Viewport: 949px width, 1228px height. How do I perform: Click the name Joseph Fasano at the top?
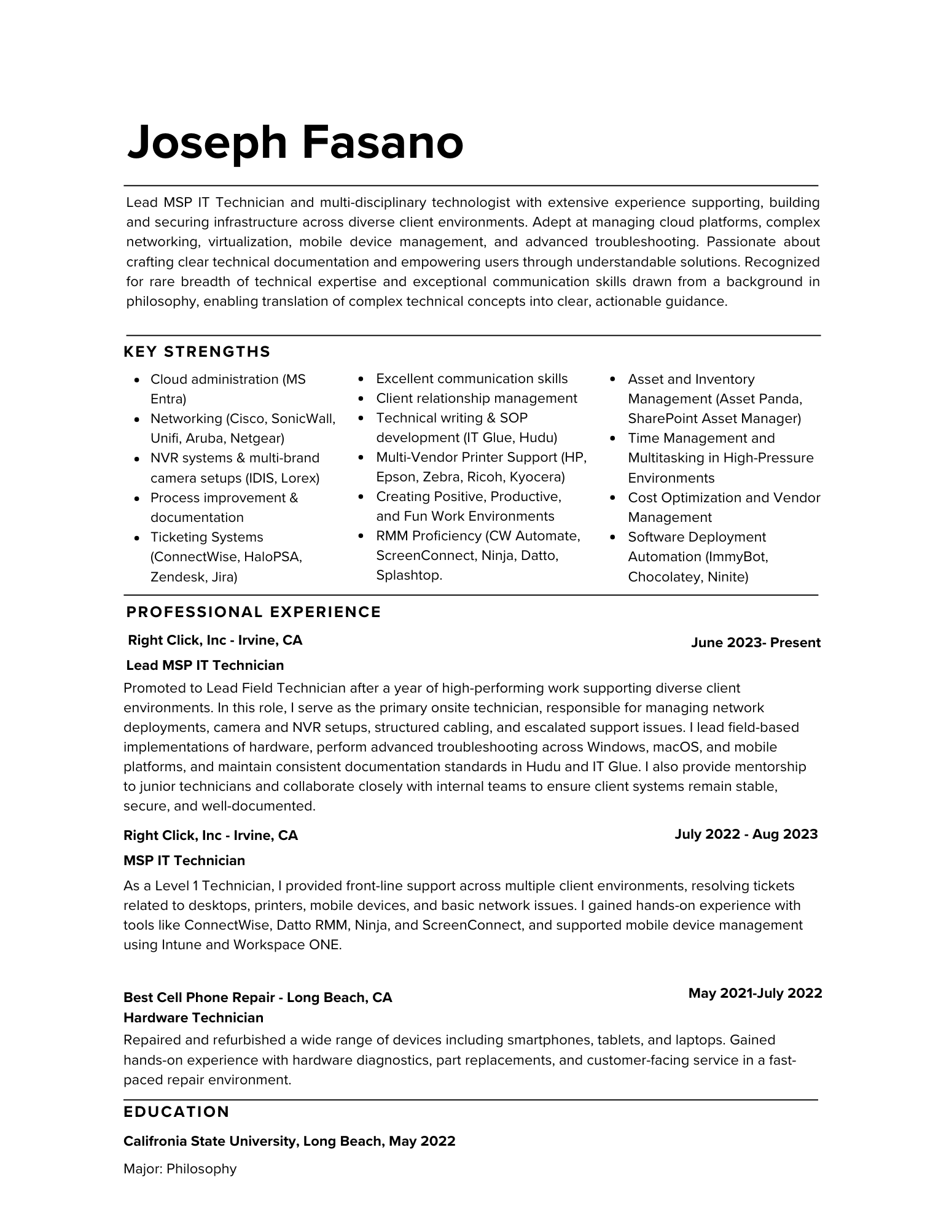(x=295, y=142)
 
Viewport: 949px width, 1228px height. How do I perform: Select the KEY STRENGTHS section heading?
(x=197, y=352)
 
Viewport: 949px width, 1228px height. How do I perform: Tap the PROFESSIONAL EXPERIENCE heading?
(x=253, y=612)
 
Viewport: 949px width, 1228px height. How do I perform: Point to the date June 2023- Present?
(x=755, y=643)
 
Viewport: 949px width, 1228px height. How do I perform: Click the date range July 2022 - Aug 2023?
(x=746, y=834)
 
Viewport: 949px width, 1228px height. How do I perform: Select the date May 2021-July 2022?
(x=755, y=993)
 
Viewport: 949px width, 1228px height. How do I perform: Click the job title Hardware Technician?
(x=193, y=1017)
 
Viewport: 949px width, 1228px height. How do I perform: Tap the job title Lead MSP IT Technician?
(x=205, y=665)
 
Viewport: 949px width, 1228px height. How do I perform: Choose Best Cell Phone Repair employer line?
(x=257, y=997)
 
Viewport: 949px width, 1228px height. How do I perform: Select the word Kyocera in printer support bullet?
(x=538, y=477)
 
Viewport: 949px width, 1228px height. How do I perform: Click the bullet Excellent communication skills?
(x=472, y=379)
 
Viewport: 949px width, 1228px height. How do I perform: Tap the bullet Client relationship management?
(x=476, y=398)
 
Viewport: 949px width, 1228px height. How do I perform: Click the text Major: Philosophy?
(x=180, y=1168)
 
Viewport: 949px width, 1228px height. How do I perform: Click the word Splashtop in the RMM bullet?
(x=408, y=575)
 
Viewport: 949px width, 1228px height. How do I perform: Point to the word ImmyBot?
(x=736, y=557)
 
